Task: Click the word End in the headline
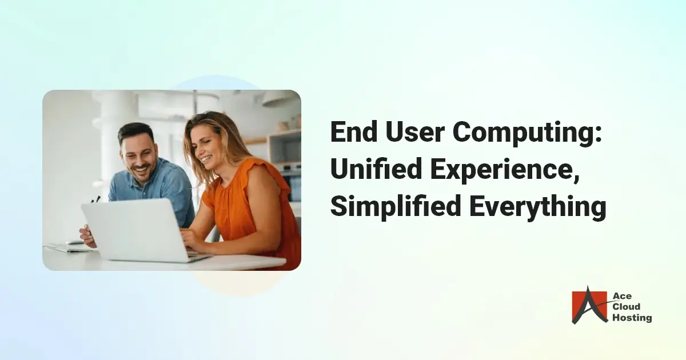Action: tap(354, 131)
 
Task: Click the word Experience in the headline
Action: tap(501, 170)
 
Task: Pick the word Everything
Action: tap(538, 207)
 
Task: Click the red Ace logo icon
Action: tap(589, 305)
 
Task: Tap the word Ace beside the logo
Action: tap(622, 296)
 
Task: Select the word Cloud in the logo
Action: tap(627, 307)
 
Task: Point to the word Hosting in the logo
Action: tap(632, 318)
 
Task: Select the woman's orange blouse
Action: tap(251, 208)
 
